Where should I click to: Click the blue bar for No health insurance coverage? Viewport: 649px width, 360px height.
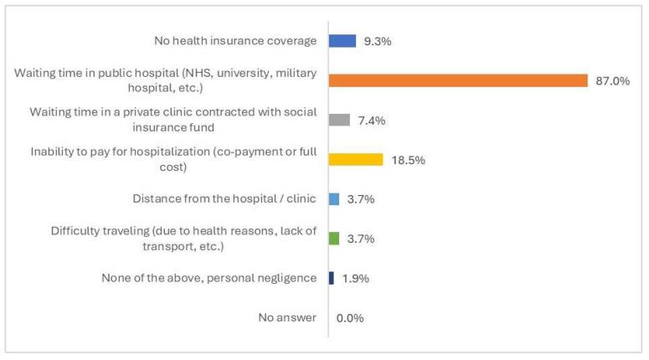click(x=343, y=40)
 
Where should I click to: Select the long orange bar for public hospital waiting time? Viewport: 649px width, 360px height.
click(x=458, y=80)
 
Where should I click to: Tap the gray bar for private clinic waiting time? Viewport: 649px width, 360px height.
click(x=339, y=120)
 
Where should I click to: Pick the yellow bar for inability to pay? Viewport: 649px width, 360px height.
click(x=356, y=159)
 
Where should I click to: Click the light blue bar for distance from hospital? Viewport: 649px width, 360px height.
click(x=334, y=199)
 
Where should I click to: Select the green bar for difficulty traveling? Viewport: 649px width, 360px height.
click(x=334, y=239)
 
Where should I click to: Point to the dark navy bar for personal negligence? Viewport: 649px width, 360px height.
click(x=332, y=278)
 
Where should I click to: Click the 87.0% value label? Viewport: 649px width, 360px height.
click(x=612, y=80)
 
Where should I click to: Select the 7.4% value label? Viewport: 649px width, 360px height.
click(x=370, y=120)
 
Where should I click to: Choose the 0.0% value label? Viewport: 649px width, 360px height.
click(x=350, y=318)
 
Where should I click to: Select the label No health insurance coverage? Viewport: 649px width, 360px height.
click(x=235, y=40)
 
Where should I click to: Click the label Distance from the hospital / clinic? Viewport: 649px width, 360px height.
click(x=224, y=199)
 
